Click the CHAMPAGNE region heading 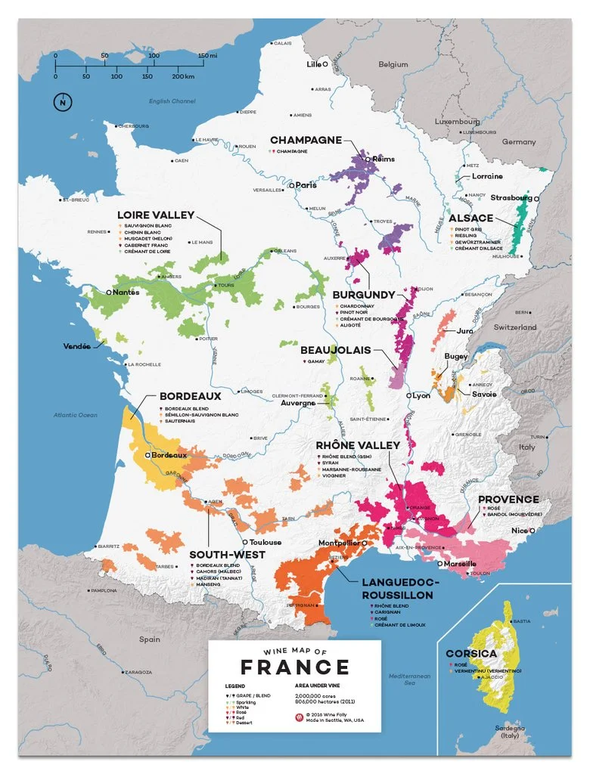(x=306, y=140)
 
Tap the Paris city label (x=305, y=184)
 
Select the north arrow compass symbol (x=61, y=102)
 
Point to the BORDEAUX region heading (x=190, y=396)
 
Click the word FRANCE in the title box (x=294, y=667)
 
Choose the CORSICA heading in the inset (x=471, y=653)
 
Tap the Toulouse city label (x=264, y=542)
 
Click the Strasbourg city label (x=511, y=197)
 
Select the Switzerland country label (x=514, y=327)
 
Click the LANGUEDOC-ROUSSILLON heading (x=397, y=589)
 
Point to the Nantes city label (x=126, y=292)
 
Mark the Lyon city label (x=421, y=395)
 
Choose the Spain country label (x=149, y=639)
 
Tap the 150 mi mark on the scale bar (x=208, y=56)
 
